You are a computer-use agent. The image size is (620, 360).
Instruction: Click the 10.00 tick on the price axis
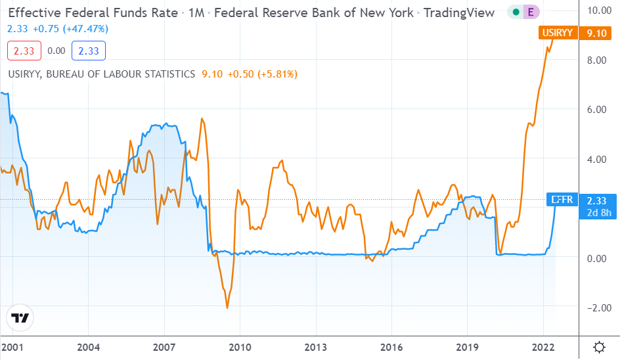598,11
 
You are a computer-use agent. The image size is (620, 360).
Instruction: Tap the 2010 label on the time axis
240,347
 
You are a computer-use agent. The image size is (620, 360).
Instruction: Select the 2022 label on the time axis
543,347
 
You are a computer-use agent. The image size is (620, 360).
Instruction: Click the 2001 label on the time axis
12,347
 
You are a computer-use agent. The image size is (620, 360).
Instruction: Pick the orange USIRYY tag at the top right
557,32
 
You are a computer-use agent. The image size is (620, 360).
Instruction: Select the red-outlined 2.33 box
24,50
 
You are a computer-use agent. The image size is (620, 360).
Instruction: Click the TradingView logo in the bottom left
21,319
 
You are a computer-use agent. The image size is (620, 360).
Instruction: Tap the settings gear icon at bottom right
599,347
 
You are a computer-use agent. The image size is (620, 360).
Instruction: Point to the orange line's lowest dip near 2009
227,307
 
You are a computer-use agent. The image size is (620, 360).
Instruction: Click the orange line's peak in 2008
202,119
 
